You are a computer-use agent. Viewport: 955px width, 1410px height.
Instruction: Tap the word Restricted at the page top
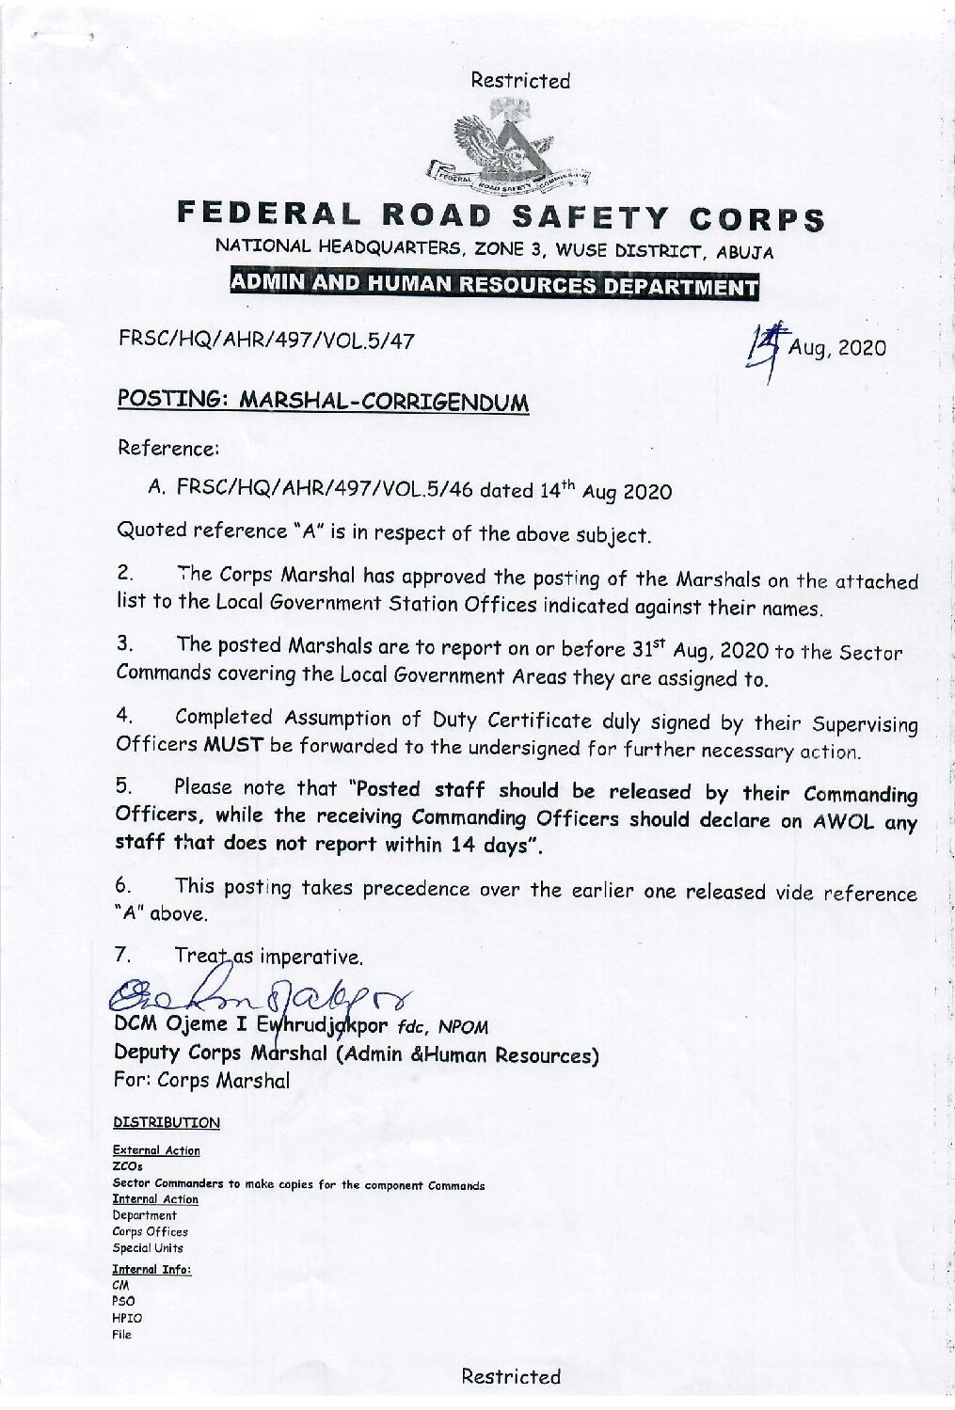tap(520, 81)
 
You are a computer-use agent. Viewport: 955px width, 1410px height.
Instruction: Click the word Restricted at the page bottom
tap(511, 1377)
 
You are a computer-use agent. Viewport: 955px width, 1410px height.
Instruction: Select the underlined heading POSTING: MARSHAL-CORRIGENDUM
tap(323, 401)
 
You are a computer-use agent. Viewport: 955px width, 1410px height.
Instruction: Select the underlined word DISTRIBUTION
tap(167, 1122)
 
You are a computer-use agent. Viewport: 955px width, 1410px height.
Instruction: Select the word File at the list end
tap(122, 1334)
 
